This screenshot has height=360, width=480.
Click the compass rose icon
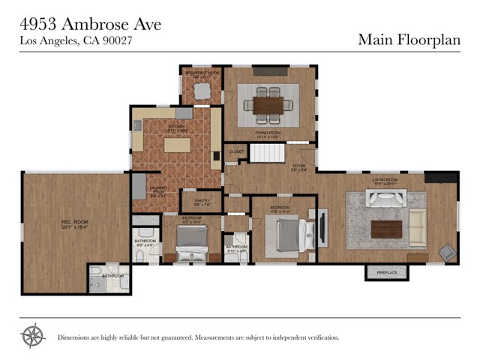32,336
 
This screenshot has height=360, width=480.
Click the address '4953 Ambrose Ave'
90,24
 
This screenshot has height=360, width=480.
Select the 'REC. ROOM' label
74,223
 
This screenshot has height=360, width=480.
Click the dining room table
268,105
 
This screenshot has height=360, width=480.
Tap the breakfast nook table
202,90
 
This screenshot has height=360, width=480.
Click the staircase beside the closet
264,154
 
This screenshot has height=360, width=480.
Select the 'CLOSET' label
237,151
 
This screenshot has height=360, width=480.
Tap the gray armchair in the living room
447,252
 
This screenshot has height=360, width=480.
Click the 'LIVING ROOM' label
385,180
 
